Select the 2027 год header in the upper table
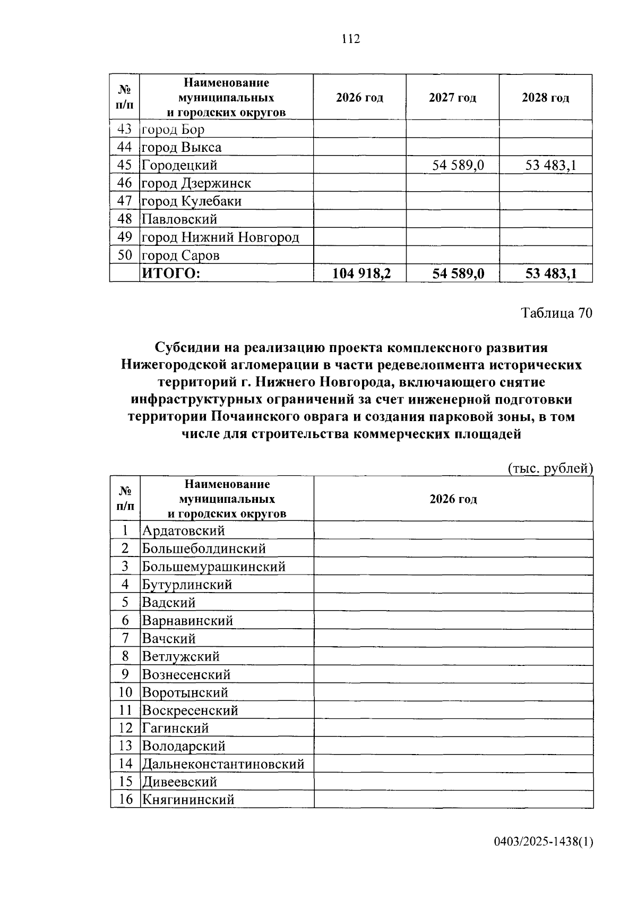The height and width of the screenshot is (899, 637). tap(452, 98)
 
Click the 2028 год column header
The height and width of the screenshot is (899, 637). tap(545, 98)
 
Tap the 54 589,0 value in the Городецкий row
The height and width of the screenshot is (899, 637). tap(458, 165)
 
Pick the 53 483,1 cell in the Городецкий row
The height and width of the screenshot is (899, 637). tap(550, 165)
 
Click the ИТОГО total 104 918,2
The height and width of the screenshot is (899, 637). tap(361, 273)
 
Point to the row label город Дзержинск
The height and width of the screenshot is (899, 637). tap(196, 183)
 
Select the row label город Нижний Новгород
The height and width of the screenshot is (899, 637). tap(220, 237)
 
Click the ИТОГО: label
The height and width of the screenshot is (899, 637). tap(171, 273)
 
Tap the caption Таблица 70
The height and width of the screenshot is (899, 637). tap(556, 313)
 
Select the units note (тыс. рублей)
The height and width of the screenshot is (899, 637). tap(550, 468)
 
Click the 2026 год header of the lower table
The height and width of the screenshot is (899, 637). tap(453, 499)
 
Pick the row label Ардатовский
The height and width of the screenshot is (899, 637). tap(183, 530)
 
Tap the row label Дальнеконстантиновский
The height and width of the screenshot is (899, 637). tap(223, 764)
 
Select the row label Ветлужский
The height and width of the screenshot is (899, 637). tap(180, 656)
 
